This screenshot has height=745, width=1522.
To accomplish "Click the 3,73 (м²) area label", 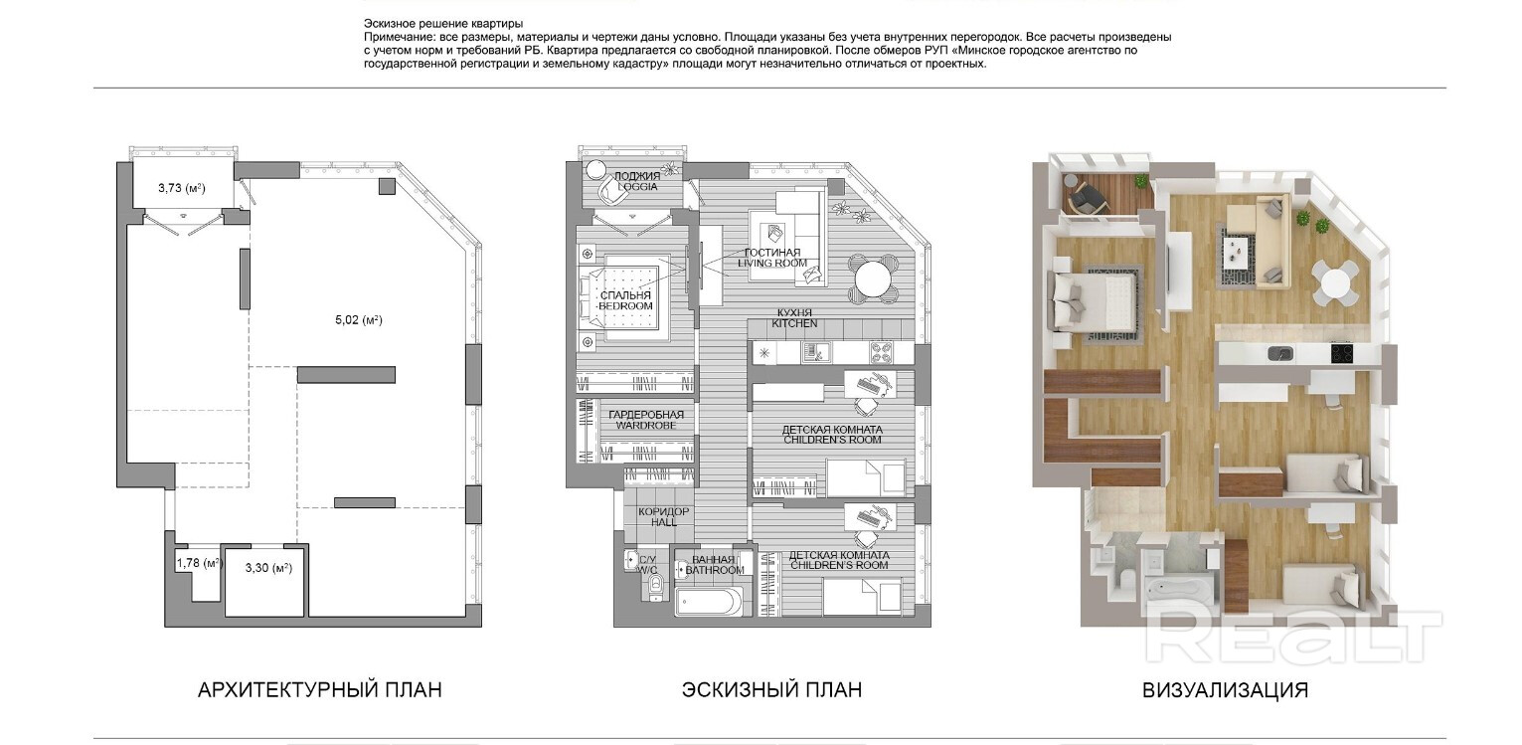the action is [181, 188].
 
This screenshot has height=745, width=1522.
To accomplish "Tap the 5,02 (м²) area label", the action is [359, 319].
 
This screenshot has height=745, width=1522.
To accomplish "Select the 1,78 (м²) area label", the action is [200, 563].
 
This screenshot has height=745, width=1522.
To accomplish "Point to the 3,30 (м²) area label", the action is [268, 568].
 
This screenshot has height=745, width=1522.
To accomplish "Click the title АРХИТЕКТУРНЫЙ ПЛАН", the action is [320, 690].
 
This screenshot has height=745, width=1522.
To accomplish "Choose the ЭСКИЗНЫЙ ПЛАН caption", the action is [771, 690].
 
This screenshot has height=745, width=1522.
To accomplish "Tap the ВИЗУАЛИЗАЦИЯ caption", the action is [1225, 690].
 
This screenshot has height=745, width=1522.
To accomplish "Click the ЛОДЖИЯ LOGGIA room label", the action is [637, 181].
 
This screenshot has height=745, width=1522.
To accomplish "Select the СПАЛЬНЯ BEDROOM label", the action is [625, 300].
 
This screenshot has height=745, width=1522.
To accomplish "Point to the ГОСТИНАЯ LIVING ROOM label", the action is [772, 258].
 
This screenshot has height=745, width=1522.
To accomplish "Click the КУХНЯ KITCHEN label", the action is [794, 318].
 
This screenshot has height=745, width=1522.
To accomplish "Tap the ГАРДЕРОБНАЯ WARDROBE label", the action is [645, 420].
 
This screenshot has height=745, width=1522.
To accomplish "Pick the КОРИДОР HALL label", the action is [664, 516].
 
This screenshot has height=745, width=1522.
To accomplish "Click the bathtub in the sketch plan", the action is [705, 602].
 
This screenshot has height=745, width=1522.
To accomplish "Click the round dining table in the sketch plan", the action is [873, 279].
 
